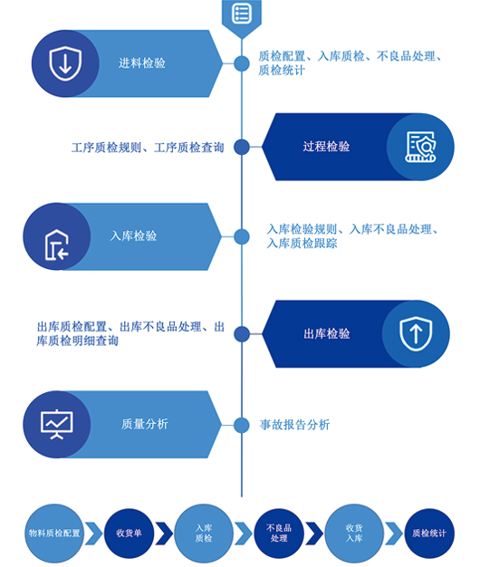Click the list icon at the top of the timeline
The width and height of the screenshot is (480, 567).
(x=242, y=14)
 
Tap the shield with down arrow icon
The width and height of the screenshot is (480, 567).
(x=65, y=63)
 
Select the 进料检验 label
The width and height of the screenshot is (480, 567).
(x=141, y=63)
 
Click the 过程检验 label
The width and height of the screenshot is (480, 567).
(x=326, y=147)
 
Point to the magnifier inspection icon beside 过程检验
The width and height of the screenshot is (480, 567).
(x=420, y=147)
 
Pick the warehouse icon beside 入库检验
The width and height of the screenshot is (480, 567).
(x=57, y=245)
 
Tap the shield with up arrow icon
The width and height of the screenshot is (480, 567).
(x=416, y=333)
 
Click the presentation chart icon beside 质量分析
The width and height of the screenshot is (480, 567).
(x=57, y=425)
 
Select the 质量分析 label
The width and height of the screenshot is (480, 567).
(x=145, y=424)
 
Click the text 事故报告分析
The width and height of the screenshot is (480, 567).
(x=294, y=425)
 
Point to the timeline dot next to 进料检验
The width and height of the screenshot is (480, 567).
(x=242, y=63)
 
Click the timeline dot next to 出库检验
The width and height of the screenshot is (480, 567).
(x=242, y=333)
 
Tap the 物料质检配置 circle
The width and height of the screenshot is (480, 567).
(x=54, y=533)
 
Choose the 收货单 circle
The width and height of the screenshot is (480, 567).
(x=129, y=533)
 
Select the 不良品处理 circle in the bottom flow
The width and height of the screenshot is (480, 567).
(x=279, y=533)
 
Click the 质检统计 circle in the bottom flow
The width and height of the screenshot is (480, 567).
(x=429, y=533)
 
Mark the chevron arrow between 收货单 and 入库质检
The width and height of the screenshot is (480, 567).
(x=164, y=533)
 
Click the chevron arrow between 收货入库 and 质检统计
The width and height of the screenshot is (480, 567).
(x=394, y=533)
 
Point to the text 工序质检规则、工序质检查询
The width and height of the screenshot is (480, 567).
(x=148, y=148)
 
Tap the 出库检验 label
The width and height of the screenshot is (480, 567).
(x=326, y=333)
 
